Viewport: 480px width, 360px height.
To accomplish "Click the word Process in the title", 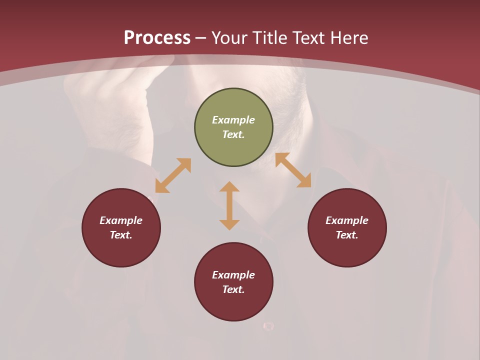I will (157, 38).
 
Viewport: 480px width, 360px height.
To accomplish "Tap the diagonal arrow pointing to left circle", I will (173, 175).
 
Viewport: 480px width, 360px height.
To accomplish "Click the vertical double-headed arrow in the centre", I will (229, 205).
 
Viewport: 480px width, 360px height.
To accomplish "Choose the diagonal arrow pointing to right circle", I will (293, 170).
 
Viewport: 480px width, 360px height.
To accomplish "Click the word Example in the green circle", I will (233, 120).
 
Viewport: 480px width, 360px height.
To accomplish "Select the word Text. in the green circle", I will (233, 134).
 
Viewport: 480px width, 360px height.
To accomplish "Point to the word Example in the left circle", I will (121, 220).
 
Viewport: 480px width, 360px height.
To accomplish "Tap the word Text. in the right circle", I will (347, 235).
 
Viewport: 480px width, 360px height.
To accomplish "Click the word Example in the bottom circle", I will (233, 275).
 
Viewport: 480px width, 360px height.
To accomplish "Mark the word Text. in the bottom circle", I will (233, 289).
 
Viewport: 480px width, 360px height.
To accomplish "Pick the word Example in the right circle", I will (347, 220).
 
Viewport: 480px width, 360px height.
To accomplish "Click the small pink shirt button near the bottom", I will (268, 326).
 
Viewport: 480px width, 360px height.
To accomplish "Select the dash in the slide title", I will (201, 38).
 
